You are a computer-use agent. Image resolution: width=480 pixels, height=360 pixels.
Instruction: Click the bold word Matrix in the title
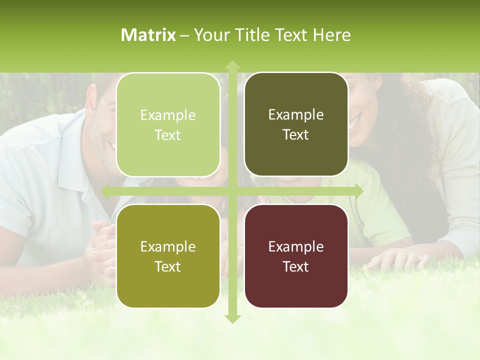pos(148,35)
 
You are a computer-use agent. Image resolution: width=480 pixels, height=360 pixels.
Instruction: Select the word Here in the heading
pos(331,35)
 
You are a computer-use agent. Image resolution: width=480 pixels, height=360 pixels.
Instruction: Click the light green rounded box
pos(168,124)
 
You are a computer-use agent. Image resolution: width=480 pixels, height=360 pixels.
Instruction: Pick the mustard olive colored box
pos(168,256)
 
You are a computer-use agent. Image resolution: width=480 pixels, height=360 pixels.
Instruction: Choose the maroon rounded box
pos(296,256)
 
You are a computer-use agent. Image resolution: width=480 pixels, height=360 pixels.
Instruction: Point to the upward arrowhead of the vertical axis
pos(232,65)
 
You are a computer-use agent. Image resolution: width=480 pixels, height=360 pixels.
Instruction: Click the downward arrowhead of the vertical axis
pos(232,318)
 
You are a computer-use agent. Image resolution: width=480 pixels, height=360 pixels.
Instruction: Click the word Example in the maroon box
pos(296,246)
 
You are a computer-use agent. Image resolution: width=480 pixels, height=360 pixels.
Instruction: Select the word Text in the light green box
pos(168,135)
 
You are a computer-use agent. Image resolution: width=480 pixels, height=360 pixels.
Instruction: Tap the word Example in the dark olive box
pos(296,114)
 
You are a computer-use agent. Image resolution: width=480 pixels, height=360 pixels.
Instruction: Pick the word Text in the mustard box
pos(168,266)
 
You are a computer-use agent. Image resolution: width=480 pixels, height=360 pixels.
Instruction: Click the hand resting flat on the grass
pos(395,257)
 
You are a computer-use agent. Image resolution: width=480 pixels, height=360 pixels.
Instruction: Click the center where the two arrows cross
pos(232,191)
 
